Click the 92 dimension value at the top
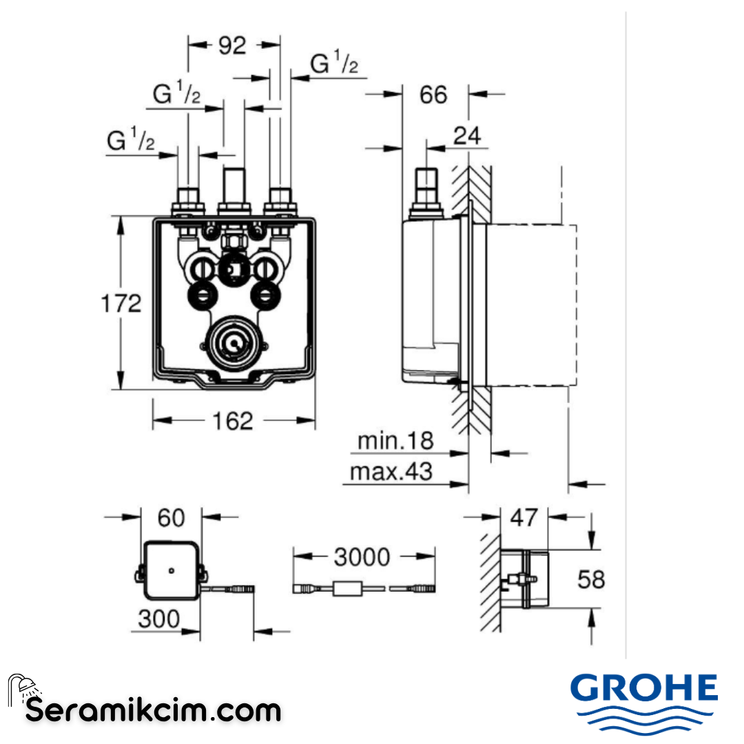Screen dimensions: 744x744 pyautogui.click(x=232, y=45)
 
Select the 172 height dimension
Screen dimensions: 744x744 pyautogui.click(x=121, y=302)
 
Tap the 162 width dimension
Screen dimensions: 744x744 pyautogui.click(x=233, y=420)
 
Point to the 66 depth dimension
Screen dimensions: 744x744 pyautogui.click(x=433, y=94)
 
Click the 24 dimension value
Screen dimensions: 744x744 pyautogui.click(x=468, y=136)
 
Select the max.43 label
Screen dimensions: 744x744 pyautogui.click(x=391, y=472)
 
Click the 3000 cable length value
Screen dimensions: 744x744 pyautogui.click(x=362, y=556)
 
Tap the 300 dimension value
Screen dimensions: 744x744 pyautogui.click(x=158, y=618)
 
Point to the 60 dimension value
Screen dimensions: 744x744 pyautogui.click(x=171, y=517)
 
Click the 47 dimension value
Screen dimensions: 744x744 pyautogui.click(x=524, y=517)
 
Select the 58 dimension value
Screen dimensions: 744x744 pyautogui.click(x=590, y=579)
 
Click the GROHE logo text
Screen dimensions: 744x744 pyautogui.click(x=644, y=689)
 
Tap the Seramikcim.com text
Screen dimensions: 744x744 pyautogui.click(x=153, y=710)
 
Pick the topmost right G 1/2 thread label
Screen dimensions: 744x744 pyautogui.click(x=334, y=65)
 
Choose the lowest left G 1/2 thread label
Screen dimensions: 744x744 pyautogui.click(x=131, y=141)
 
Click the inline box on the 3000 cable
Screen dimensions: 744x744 pyautogui.click(x=349, y=589)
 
